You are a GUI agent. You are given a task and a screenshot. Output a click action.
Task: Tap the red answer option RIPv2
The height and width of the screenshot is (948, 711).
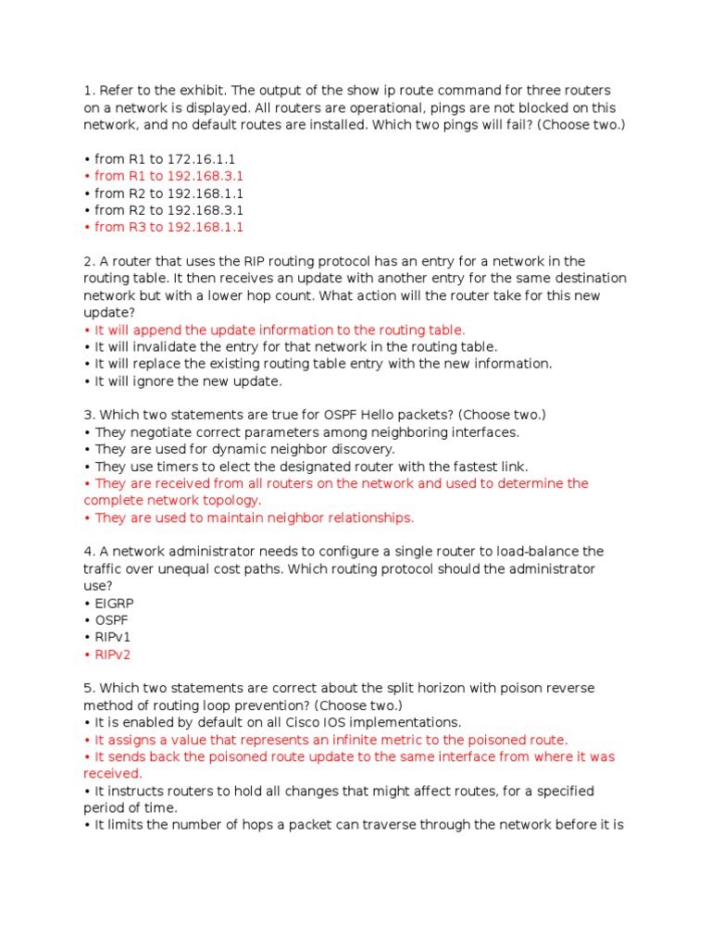pos(114,655)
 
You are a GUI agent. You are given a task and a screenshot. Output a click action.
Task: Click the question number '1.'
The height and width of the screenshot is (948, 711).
pos(89,90)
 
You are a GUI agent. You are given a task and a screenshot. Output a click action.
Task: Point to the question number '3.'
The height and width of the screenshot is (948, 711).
pos(89,415)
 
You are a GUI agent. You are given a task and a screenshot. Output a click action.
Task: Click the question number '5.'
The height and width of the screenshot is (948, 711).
pos(89,688)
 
